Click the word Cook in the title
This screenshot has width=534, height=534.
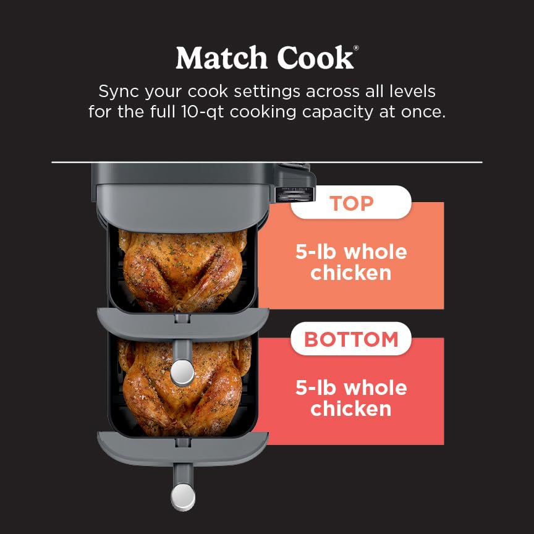(x=315, y=57)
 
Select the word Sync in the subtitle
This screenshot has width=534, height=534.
(x=119, y=91)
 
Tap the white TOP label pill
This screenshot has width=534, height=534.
(x=350, y=203)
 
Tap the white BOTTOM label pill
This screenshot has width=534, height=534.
(x=350, y=339)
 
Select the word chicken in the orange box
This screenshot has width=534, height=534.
(x=350, y=273)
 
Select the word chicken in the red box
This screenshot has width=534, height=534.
(x=350, y=409)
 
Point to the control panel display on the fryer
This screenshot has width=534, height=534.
(x=294, y=193)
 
